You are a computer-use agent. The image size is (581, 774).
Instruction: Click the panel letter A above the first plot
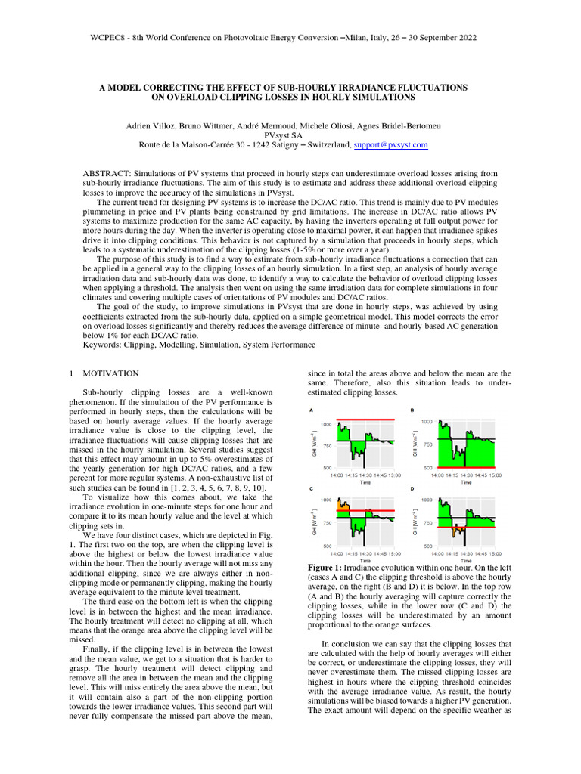click(312, 410)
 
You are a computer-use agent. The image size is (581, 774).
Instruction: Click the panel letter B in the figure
click(412, 410)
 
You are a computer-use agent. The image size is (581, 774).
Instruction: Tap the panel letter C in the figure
click(312, 489)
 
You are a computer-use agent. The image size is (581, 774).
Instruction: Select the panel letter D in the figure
click(412, 489)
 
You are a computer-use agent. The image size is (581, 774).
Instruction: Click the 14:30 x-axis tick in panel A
click(365, 475)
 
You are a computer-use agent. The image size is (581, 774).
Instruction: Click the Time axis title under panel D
click(467, 561)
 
